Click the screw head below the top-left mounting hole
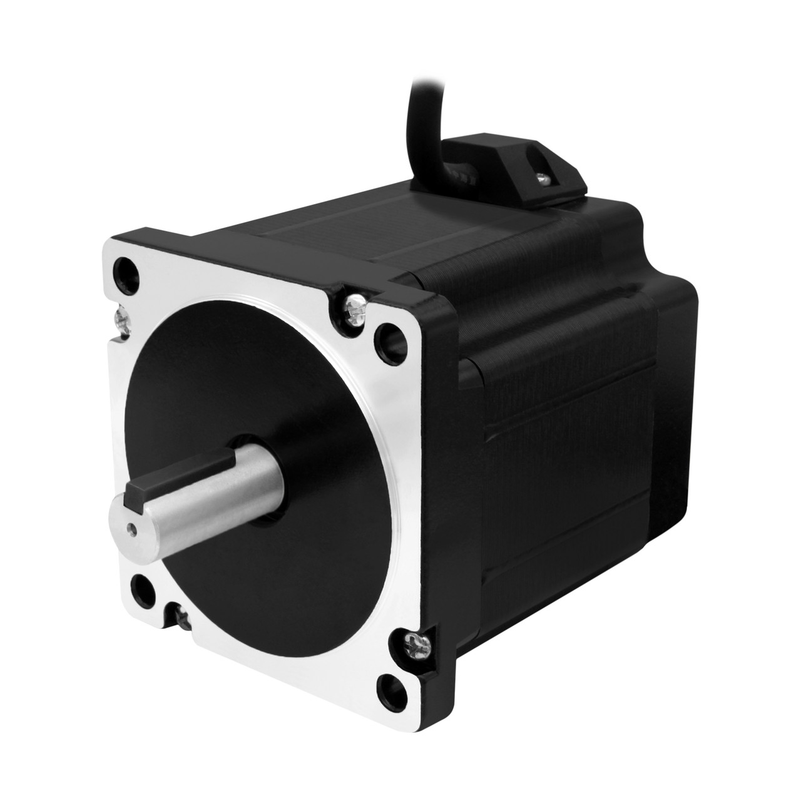tap(120, 318)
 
